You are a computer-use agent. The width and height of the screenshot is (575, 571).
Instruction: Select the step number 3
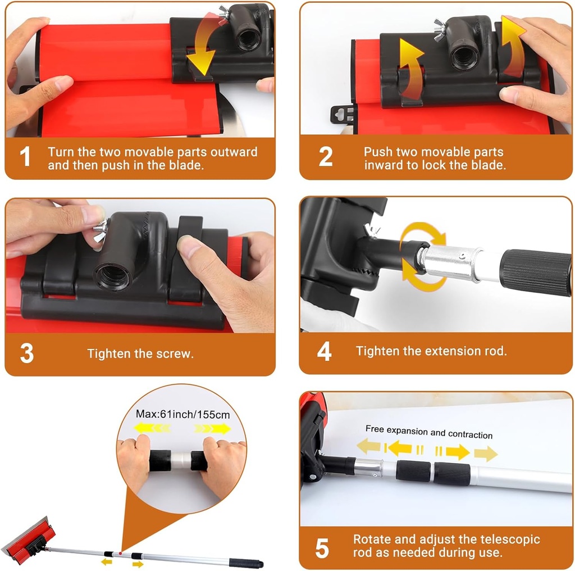(x=26, y=354)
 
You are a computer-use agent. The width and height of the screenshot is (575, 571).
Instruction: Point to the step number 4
(x=324, y=351)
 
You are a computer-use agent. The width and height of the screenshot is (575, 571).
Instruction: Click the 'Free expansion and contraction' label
(x=429, y=432)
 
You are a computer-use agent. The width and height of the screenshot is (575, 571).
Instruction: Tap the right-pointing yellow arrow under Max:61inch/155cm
(x=213, y=428)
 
